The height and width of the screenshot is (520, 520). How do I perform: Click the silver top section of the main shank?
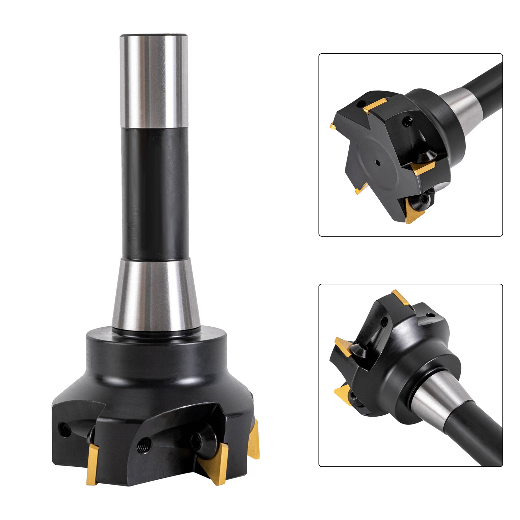tap(154, 81)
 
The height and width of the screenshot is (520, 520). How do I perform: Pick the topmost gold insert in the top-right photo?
tap(375, 106)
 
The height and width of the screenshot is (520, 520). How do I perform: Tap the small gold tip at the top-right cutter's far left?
tap(332, 126)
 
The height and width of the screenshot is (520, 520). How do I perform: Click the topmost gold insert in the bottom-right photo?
tap(400, 297)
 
